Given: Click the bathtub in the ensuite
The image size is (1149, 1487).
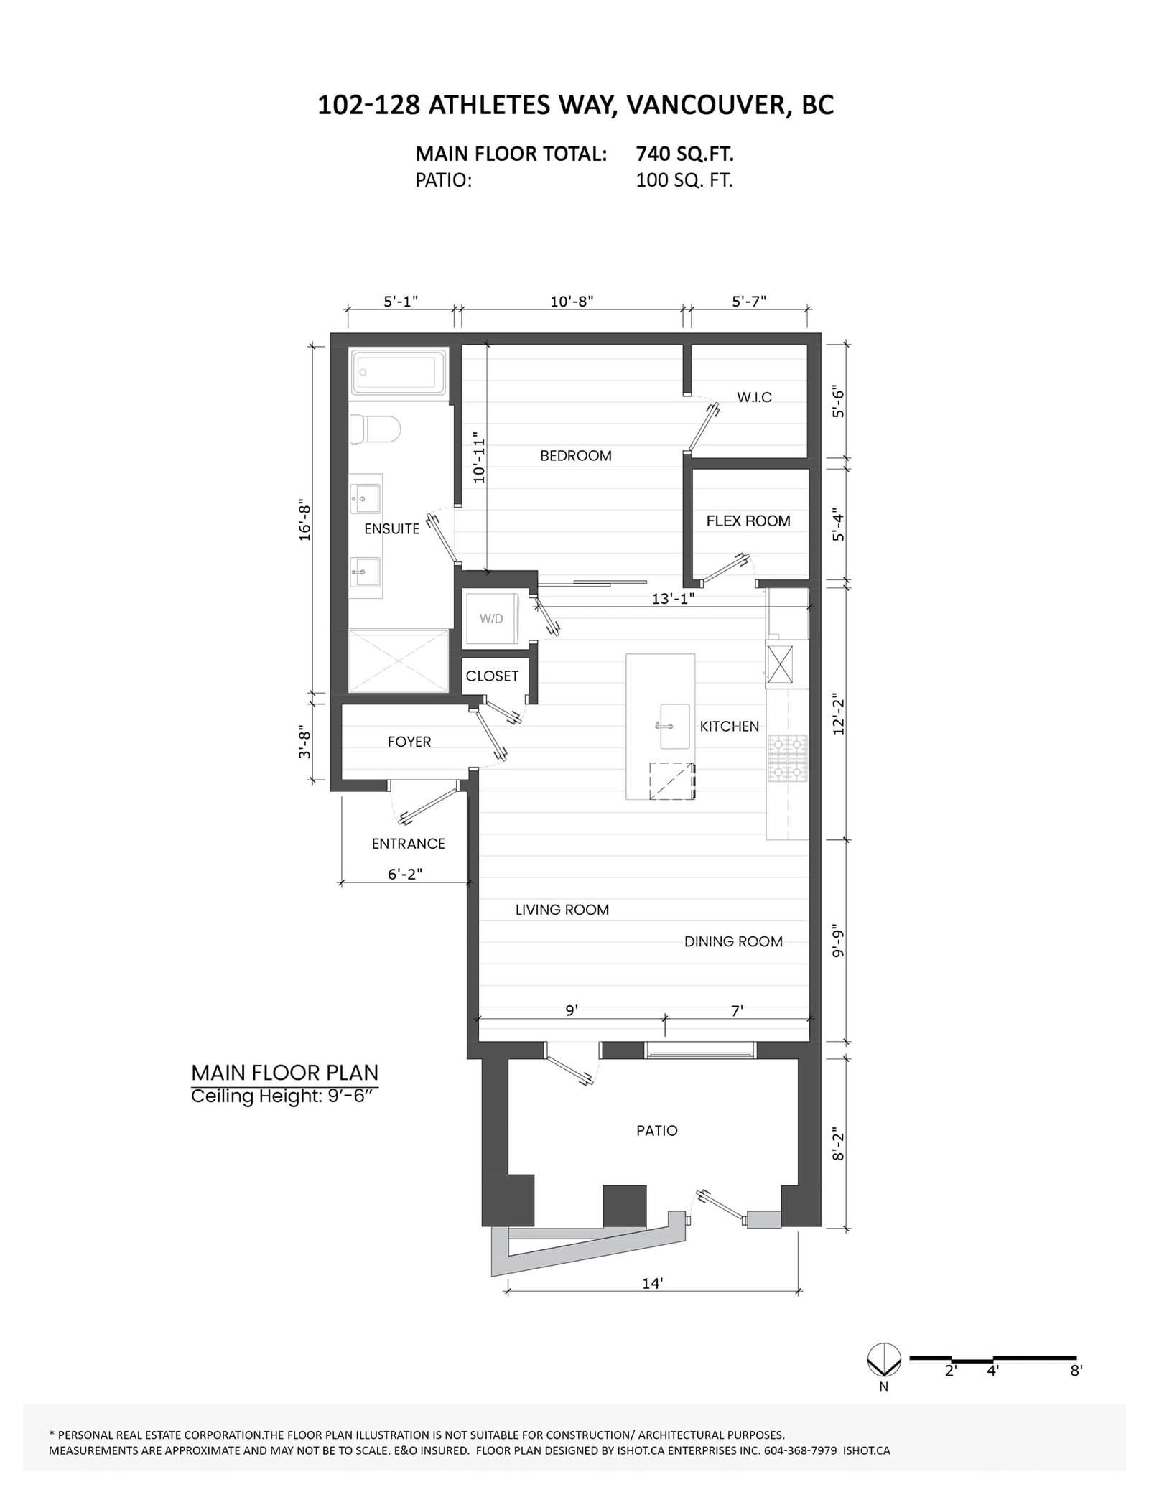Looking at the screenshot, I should pyautogui.click(x=399, y=372).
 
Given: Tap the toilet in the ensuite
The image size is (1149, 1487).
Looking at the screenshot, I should pyautogui.click(x=375, y=430).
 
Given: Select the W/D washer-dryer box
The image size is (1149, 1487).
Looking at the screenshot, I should pyautogui.click(x=491, y=618).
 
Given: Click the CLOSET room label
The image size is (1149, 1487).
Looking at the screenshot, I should pyautogui.click(x=492, y=676).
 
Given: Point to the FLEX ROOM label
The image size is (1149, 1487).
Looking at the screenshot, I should pyautogui.click(x=748, y=521).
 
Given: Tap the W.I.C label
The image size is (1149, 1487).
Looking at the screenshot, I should pyautogui.click(x=754, y=397).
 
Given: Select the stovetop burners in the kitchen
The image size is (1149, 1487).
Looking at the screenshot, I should pyautogui.click(x=788, y=759).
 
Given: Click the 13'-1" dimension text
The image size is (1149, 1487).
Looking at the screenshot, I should pyautogui.click(x=673, y=598).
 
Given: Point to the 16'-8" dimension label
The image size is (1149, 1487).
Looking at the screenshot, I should pyautogui.click(x=305, y=521).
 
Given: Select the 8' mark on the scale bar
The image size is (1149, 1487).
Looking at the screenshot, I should pyautogui.click(x=1075, y=1391).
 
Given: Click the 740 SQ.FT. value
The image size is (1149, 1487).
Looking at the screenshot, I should pyautogui.click(x=684, y=154).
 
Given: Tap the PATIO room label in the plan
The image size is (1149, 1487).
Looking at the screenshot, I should pyautogui.click(x=656, y=1131).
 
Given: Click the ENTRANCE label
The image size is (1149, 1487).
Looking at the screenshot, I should pyautogui.click(x=408, y=844).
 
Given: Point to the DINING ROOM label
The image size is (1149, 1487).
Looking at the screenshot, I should pyautogui.click(x=732, y=942).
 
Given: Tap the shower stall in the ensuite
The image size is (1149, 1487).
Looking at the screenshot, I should pyautogui.click(x=399, y=661).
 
